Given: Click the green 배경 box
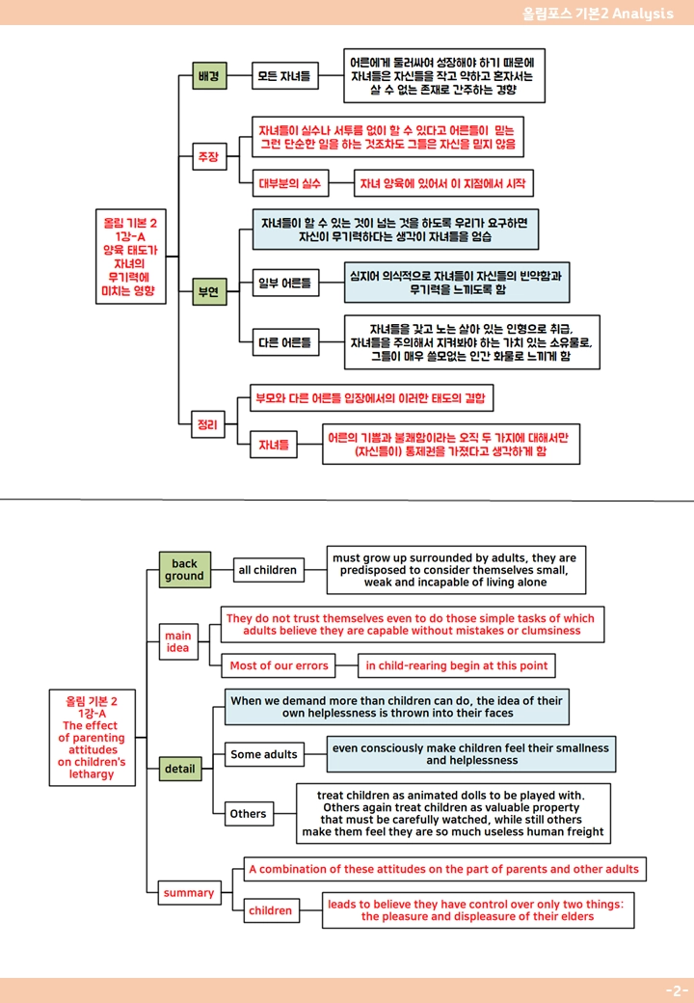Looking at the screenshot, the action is coord(209,76).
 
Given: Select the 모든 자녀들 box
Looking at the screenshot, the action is coord(285,76).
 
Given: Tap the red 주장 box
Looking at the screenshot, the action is coord(209,156).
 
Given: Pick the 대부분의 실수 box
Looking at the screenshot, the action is coord(290,183).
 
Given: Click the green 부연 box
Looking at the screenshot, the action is coord(209,291).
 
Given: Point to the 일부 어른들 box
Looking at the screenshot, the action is coord(285,283).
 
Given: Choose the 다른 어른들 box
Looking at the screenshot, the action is coord(285,342).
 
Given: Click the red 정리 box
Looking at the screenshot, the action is coord(208,424).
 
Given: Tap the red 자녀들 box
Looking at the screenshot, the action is coord(274,445).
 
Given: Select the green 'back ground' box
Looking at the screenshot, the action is coord(185,569).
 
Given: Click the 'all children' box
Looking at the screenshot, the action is coord(268,570).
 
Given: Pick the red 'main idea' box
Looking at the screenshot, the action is coord(178,641).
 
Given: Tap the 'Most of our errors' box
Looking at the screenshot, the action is coord(279,665).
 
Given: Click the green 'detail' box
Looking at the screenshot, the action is coord(180,769).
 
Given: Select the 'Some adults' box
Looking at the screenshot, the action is coord(264,754).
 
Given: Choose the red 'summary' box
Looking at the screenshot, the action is coord(189,892).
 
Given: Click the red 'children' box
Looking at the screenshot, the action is coord(270,910).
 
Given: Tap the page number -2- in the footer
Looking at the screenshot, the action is coord(677,990).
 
